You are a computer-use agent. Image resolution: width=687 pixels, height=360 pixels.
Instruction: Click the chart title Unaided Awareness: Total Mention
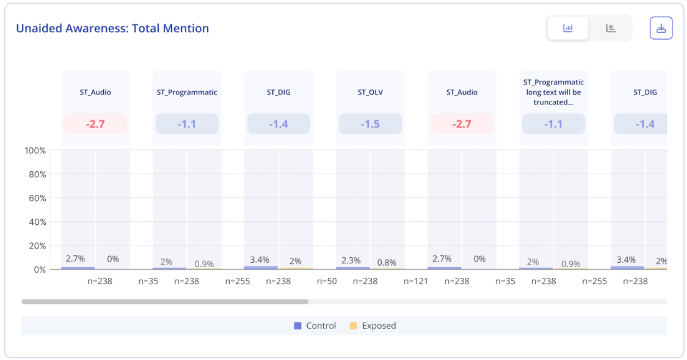click(x=113, y=29)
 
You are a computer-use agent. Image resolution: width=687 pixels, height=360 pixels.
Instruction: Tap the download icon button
click(x=661, y=28)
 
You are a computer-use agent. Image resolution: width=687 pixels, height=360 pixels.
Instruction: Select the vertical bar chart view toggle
click(x=568, y=28)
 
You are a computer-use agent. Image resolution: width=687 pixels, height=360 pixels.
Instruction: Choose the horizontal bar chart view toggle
click(x=611, y=28)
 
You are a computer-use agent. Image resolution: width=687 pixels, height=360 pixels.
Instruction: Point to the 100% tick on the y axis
click(x=35, y=150)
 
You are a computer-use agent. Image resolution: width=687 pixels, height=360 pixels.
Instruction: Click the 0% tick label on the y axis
click(x=39, y=270)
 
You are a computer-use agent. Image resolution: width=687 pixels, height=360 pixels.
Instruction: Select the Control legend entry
click(x=315, y=326)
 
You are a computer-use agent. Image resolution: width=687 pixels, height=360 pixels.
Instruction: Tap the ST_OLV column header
click(x=370, y=92)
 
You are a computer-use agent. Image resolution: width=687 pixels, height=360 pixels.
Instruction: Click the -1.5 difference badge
click(x=370, y=124)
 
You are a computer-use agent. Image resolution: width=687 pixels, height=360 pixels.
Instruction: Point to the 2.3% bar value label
click(x=351, y=260)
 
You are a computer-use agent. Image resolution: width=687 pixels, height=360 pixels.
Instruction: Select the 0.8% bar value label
click(x=387, y=263)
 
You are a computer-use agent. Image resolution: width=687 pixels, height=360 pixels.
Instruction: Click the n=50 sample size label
click(x=327, y=281)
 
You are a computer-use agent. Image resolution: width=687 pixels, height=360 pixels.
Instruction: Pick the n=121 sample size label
click(x=416, y=281)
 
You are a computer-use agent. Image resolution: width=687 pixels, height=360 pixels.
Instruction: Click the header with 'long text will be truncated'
click(x=553, y=92)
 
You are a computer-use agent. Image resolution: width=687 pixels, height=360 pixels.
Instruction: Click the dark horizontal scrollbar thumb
click(x=165, y=301)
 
